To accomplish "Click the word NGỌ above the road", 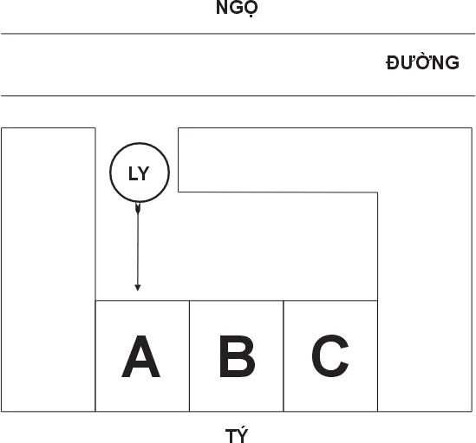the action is (x=237, y=8).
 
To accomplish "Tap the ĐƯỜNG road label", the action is (x=422, y=62).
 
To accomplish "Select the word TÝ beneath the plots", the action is (x=237, y=434).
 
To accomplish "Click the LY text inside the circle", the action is (x=139, y=173).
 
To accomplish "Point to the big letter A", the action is (x=140, y=356).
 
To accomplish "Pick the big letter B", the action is (x=237, y=356).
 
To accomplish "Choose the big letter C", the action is (x=330, y=355).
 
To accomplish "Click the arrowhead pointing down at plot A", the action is (x=138, y=288).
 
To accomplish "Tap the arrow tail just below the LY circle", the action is (x=138, y=208).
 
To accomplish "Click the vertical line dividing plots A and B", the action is (x=189, y=355).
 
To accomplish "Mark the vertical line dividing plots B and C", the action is (x=284, y=355).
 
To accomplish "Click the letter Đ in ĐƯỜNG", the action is (x=393, y=63).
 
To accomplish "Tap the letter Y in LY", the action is (x=144, y=173).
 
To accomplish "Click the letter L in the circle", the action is (x=133, y=173).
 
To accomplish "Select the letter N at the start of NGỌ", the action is (x=222, y=8).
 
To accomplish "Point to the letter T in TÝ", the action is (x=231, y=436).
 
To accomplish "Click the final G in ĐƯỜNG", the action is (x=452, y=63).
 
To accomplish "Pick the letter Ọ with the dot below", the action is (x=251, y=9).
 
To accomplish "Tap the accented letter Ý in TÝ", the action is (x=243, y=434).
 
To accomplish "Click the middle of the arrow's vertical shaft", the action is (x=138, y=246).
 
